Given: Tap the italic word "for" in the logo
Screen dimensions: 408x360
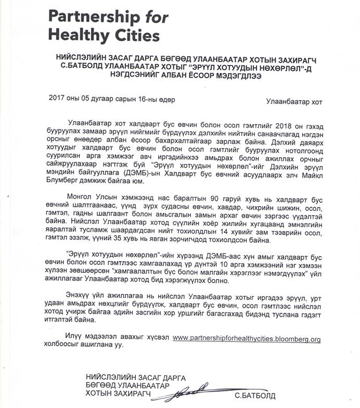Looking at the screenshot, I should (156, 17).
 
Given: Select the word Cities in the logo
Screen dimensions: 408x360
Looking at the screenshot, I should (133, 37).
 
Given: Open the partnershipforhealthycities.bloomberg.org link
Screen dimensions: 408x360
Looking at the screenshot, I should (246, 338).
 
